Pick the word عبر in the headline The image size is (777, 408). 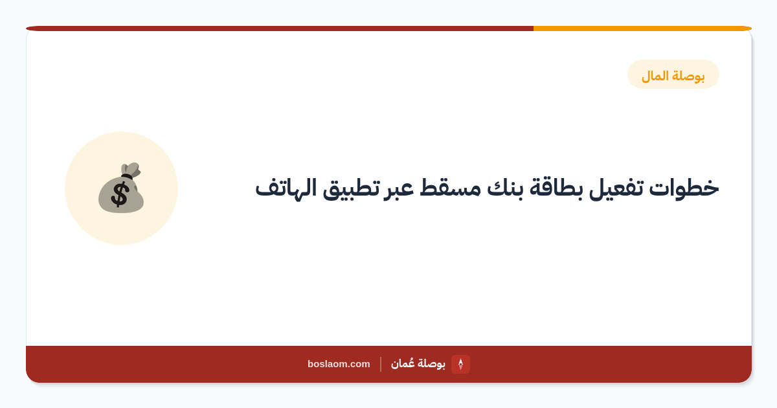tap(399, 189)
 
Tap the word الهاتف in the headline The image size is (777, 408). tap(286, 188)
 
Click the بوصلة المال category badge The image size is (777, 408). tap(673, 74)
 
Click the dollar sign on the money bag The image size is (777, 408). tap(120, 195)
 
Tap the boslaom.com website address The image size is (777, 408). tap(339, 364)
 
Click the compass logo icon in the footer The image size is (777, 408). tap(460, 364)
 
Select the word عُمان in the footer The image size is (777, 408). tap(403, 363)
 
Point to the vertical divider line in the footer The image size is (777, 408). tap(381, 364)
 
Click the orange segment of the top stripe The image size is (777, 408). tap(642, 28)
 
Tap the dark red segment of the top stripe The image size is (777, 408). tap(280, 28)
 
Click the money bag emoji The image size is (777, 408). tap(121, 188)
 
